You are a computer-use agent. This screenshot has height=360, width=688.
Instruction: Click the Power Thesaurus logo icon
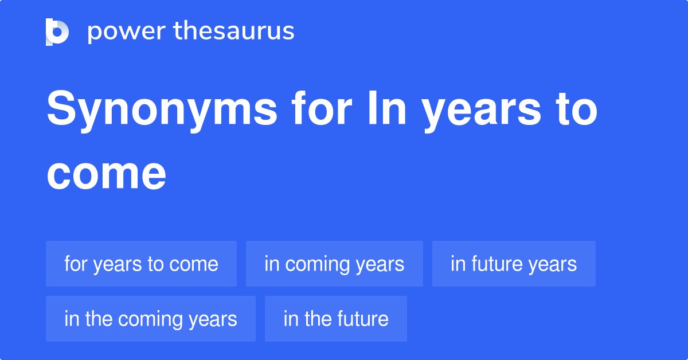[x=57, y=32]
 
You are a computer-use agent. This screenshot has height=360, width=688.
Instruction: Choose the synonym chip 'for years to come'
[x=141, y=264]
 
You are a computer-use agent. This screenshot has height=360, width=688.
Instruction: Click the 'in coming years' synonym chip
[x=334, y=264]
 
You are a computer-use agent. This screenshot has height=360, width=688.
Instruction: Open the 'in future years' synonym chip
[x=514, y=264]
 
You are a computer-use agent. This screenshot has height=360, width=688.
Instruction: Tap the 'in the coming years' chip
[x=151, y=319]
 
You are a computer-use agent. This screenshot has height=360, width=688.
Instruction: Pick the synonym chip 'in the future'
[x=336, y=319]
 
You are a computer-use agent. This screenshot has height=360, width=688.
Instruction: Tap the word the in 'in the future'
[x=318, y=319]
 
